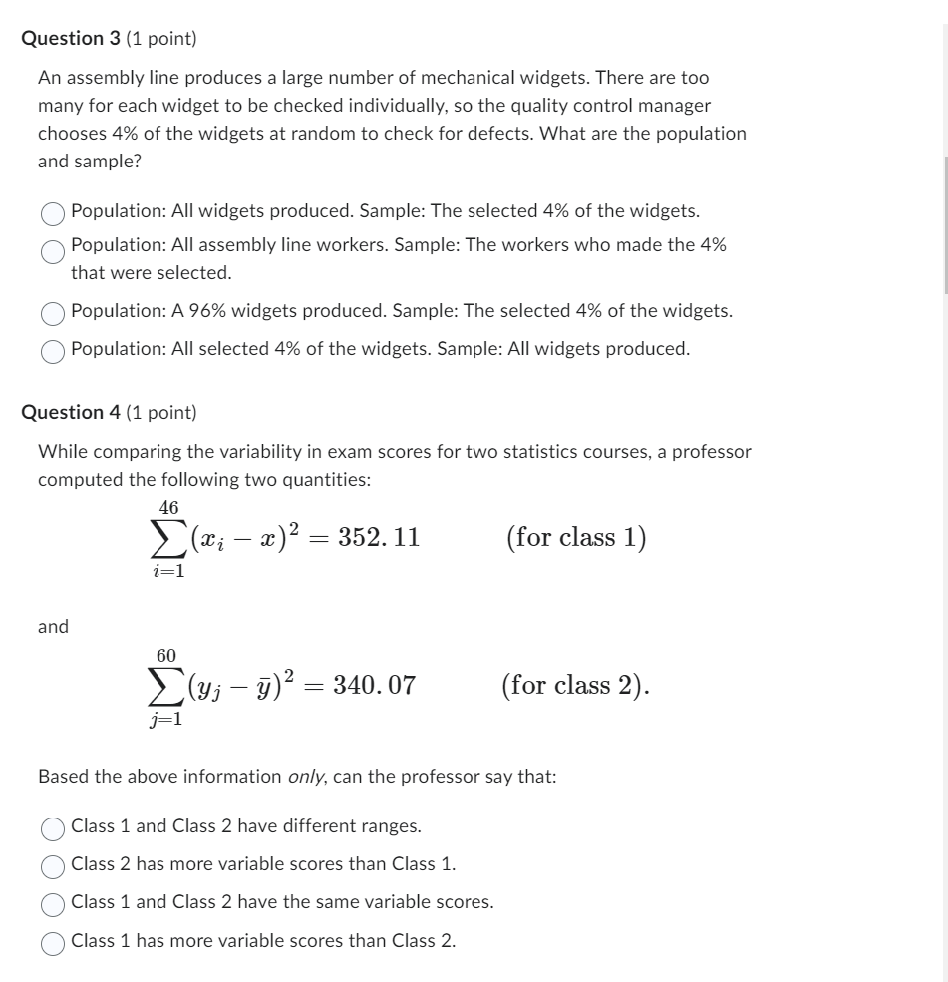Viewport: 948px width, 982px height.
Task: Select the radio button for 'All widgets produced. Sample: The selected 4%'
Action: (53, 212)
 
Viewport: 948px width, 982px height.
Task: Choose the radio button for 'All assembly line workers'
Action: (53, 251)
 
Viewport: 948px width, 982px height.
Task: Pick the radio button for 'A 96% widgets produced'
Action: (53, 312)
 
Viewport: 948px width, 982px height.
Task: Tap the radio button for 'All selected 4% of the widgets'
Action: (53, 350)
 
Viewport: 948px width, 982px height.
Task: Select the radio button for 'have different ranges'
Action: (53, 827)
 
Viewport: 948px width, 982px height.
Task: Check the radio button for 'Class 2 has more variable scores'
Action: (53, 865)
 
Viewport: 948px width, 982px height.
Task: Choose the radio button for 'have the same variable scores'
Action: (53, 903)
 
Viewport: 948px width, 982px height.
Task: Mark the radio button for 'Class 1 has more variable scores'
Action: (53, 942)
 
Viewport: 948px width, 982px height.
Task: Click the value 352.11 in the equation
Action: (379, 538)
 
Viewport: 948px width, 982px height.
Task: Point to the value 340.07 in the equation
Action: (374, 686)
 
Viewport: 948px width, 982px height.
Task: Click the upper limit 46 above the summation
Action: (169, 508)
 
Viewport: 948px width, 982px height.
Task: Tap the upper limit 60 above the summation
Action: (166, 655)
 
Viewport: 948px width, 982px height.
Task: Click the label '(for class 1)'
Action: (576, 538)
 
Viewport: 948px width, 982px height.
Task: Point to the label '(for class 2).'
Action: (576, 686)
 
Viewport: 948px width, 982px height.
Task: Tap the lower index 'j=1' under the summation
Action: (166, 718)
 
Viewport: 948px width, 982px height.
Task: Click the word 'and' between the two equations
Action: (53, 627)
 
